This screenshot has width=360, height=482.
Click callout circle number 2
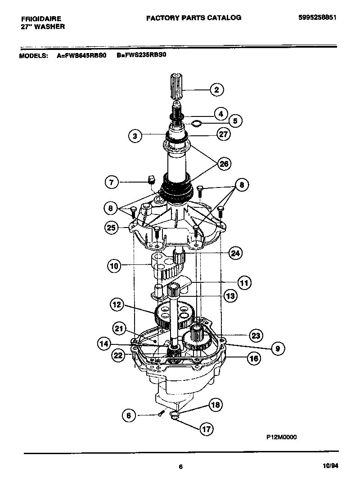pyautogui.click(x=216, y=90)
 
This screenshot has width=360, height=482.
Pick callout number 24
pyautogui.click(x=234, y=253)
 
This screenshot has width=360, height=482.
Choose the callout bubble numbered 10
pyautogui.click(x=115, y=266)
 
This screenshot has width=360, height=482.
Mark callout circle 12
pyautogui.click(x=117, y=305)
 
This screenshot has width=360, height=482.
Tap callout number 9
pyautogui.click(x=278, y=348)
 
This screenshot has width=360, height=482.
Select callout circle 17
pyautogui.click(x=206, y=429)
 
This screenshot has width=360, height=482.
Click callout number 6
pyautogui.click(x=129, y=416)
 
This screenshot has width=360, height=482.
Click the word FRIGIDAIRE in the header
pyautogui.click(x=41, y=19)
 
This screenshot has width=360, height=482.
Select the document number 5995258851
pyautogui.click(x=318, y=18)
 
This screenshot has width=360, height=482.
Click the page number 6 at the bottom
pyautogui.click(x=180, y=467)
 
